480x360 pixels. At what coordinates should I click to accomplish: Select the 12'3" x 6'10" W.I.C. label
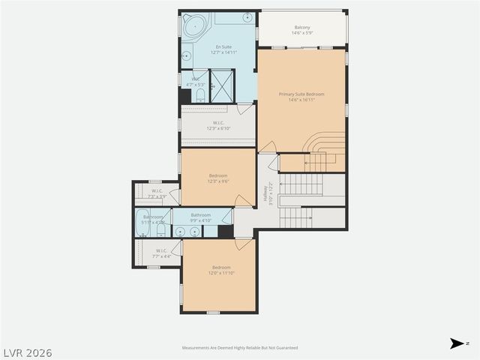point(218,125)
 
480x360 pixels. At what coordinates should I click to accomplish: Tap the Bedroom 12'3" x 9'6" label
point(218,178)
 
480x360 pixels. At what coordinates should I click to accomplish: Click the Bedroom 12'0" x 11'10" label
point(220,270)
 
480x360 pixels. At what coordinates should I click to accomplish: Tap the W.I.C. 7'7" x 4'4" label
point(162,253)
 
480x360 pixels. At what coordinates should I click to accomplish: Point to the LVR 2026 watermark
point(27,352)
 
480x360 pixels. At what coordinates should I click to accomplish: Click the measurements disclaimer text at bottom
point(240,348)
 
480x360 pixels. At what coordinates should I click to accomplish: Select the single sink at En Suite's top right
point(248,16)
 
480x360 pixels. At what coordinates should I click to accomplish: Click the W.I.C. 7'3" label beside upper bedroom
point(157,193)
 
